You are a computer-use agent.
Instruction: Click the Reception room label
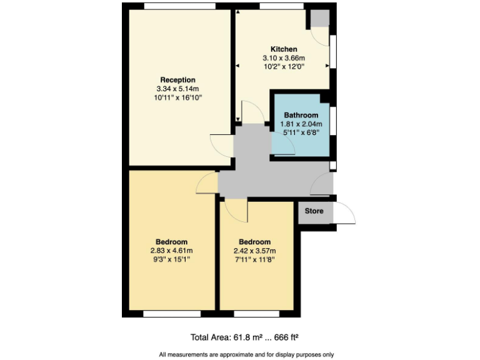(177, 80)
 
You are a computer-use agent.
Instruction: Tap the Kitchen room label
(283, 49)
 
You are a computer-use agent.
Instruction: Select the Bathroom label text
(301, 115)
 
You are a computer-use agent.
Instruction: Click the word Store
(314, 211)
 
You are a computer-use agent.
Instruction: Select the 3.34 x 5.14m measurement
(177, 89)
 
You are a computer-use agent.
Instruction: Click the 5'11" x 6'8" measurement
(301, 132)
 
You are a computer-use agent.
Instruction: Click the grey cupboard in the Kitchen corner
(320, 18)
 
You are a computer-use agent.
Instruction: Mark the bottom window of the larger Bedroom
(171, 314)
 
